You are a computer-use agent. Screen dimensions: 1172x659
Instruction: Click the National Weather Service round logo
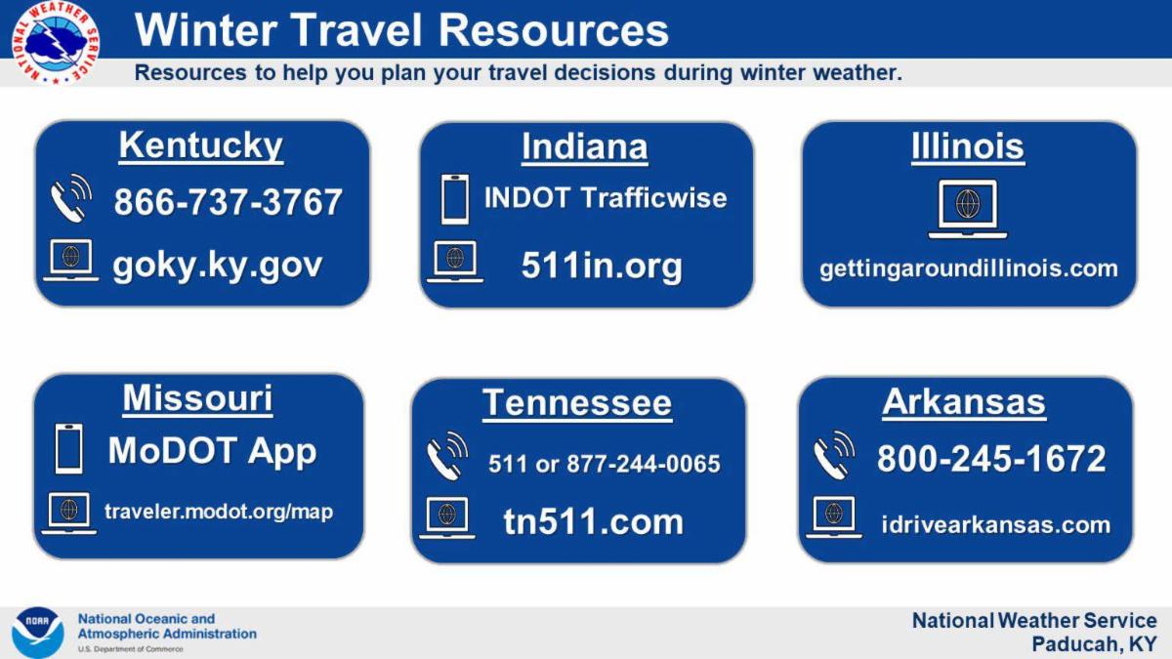pyautogui.click(x=56, y=42)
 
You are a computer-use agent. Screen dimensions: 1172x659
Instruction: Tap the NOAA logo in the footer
pyautogui.click(x=38, y=633)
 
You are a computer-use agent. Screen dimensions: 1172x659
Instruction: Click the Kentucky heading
pyautogui.click(x=201, y=145)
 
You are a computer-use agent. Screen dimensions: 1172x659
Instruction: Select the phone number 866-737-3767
pyautogui.click(x=229, y=202)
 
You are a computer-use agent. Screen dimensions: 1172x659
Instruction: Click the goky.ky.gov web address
pyautogui.click(x=217, y=267)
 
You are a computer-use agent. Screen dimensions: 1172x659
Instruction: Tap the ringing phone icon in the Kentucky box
pyautogui.click(x=71, y=198)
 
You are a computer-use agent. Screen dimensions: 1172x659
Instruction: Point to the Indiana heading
pyautogui.click(x=584, y=147)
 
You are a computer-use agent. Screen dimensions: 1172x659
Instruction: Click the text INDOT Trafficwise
pyautogui.click(x=606, y=197)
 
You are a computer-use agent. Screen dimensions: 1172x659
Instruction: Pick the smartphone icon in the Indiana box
pyautogui.click(x=455, y=199)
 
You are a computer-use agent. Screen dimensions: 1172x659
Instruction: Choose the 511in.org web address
pyautogui.click(x=602, y=267)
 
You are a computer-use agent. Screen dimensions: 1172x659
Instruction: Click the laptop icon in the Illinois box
pyautogui.click(x=968, y=209)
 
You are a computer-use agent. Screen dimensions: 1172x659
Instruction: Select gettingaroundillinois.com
pyautogui.click(x=969, y=269)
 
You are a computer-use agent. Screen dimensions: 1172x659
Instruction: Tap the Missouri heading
pyautogui.click(x=197, y=398)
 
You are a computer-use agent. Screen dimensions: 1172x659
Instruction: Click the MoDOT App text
pyautogui.click(x=213, y=451)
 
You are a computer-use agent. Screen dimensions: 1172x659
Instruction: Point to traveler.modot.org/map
pyautogui.click(x=219, y=512)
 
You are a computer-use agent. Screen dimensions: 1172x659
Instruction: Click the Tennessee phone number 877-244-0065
pyautogui.click(x=644, y=464)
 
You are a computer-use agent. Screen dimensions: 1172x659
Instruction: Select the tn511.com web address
pyautogui.click(x=594, y=522)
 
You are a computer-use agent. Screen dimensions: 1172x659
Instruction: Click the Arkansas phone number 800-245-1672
pyautogui.click(x=991, y=459)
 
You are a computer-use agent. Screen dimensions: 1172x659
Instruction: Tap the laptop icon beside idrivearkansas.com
pyautogui.click(x=834, y=516)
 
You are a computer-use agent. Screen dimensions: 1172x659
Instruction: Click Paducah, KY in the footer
pyautogui.click(x=1094, y=644)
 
